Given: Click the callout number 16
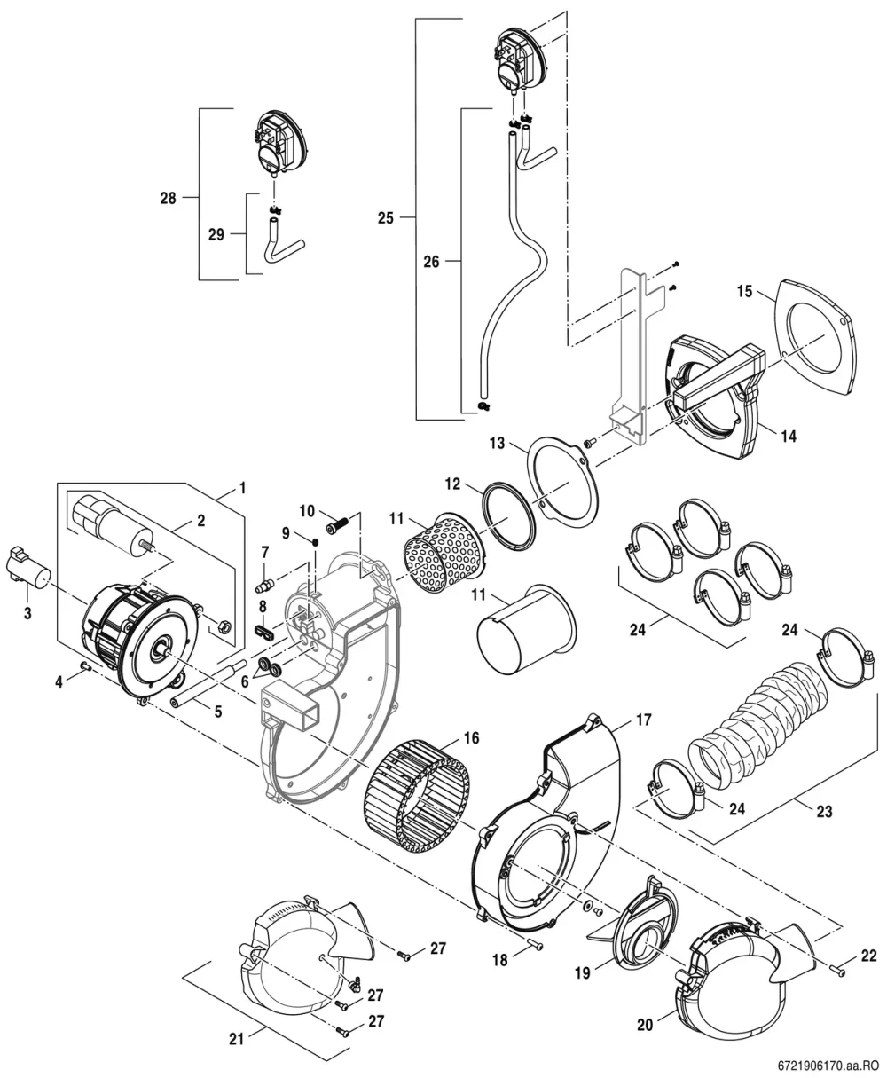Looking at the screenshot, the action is [471, 737].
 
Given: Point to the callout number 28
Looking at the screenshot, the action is [168, 198].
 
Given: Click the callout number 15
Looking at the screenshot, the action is [744, 291].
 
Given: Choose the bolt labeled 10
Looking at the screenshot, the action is [337, 523].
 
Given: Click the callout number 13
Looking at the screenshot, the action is [497, 443].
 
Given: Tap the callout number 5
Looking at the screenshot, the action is [218, 712].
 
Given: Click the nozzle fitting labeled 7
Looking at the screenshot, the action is [264, 585].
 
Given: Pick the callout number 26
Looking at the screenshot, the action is [431, 262].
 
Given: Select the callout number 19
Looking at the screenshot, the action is [582, 972].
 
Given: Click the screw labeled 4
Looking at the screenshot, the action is [85, 665].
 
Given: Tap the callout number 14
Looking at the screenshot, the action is [789, 436].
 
